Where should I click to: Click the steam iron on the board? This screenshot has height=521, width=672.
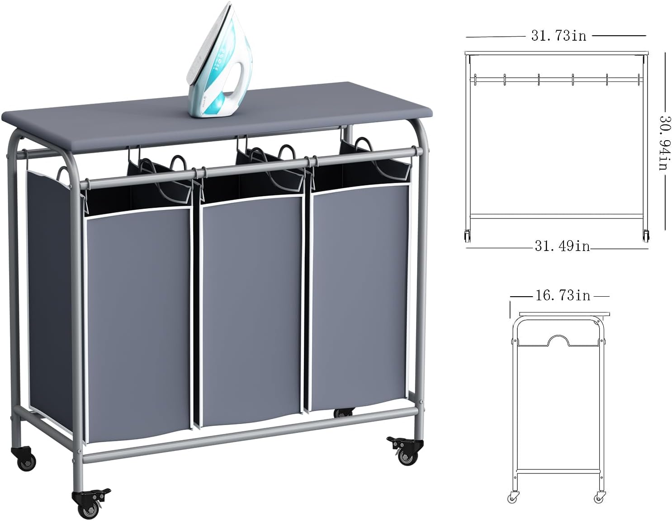coord(220,62)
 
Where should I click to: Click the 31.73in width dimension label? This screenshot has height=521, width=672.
coord(558,36)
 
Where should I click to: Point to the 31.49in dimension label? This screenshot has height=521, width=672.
coord(562,246)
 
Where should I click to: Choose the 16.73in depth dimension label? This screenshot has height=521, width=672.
coord(563,296)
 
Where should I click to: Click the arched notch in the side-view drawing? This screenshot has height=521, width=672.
coord(558,340)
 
